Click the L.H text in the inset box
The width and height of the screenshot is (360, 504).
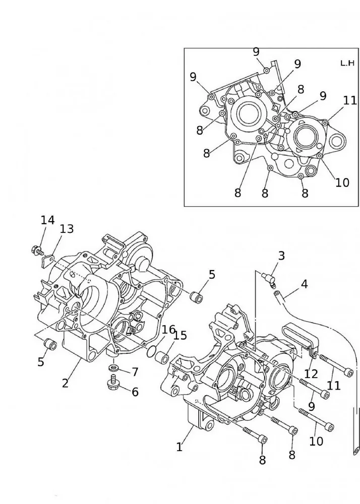click(346, 63)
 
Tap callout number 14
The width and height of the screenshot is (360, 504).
click(47, 220)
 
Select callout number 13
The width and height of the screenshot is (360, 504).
click(67, 229)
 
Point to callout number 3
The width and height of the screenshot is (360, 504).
click(281, 256)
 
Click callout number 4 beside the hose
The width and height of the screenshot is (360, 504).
click(304, 284)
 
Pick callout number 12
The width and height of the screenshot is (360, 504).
click(311, 374)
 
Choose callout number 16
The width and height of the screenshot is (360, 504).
click(168, 330)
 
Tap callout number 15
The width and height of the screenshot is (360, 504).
click(180, 335)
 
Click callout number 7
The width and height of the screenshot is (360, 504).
click(135, 372)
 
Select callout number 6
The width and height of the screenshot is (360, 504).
click(135, 392)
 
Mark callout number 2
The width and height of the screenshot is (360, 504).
click(65, 383)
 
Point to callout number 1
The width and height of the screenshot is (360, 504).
click(179, 447)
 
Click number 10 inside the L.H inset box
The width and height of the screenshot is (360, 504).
click(342, 182)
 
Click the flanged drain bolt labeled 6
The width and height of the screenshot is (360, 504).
click(112, 385)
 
